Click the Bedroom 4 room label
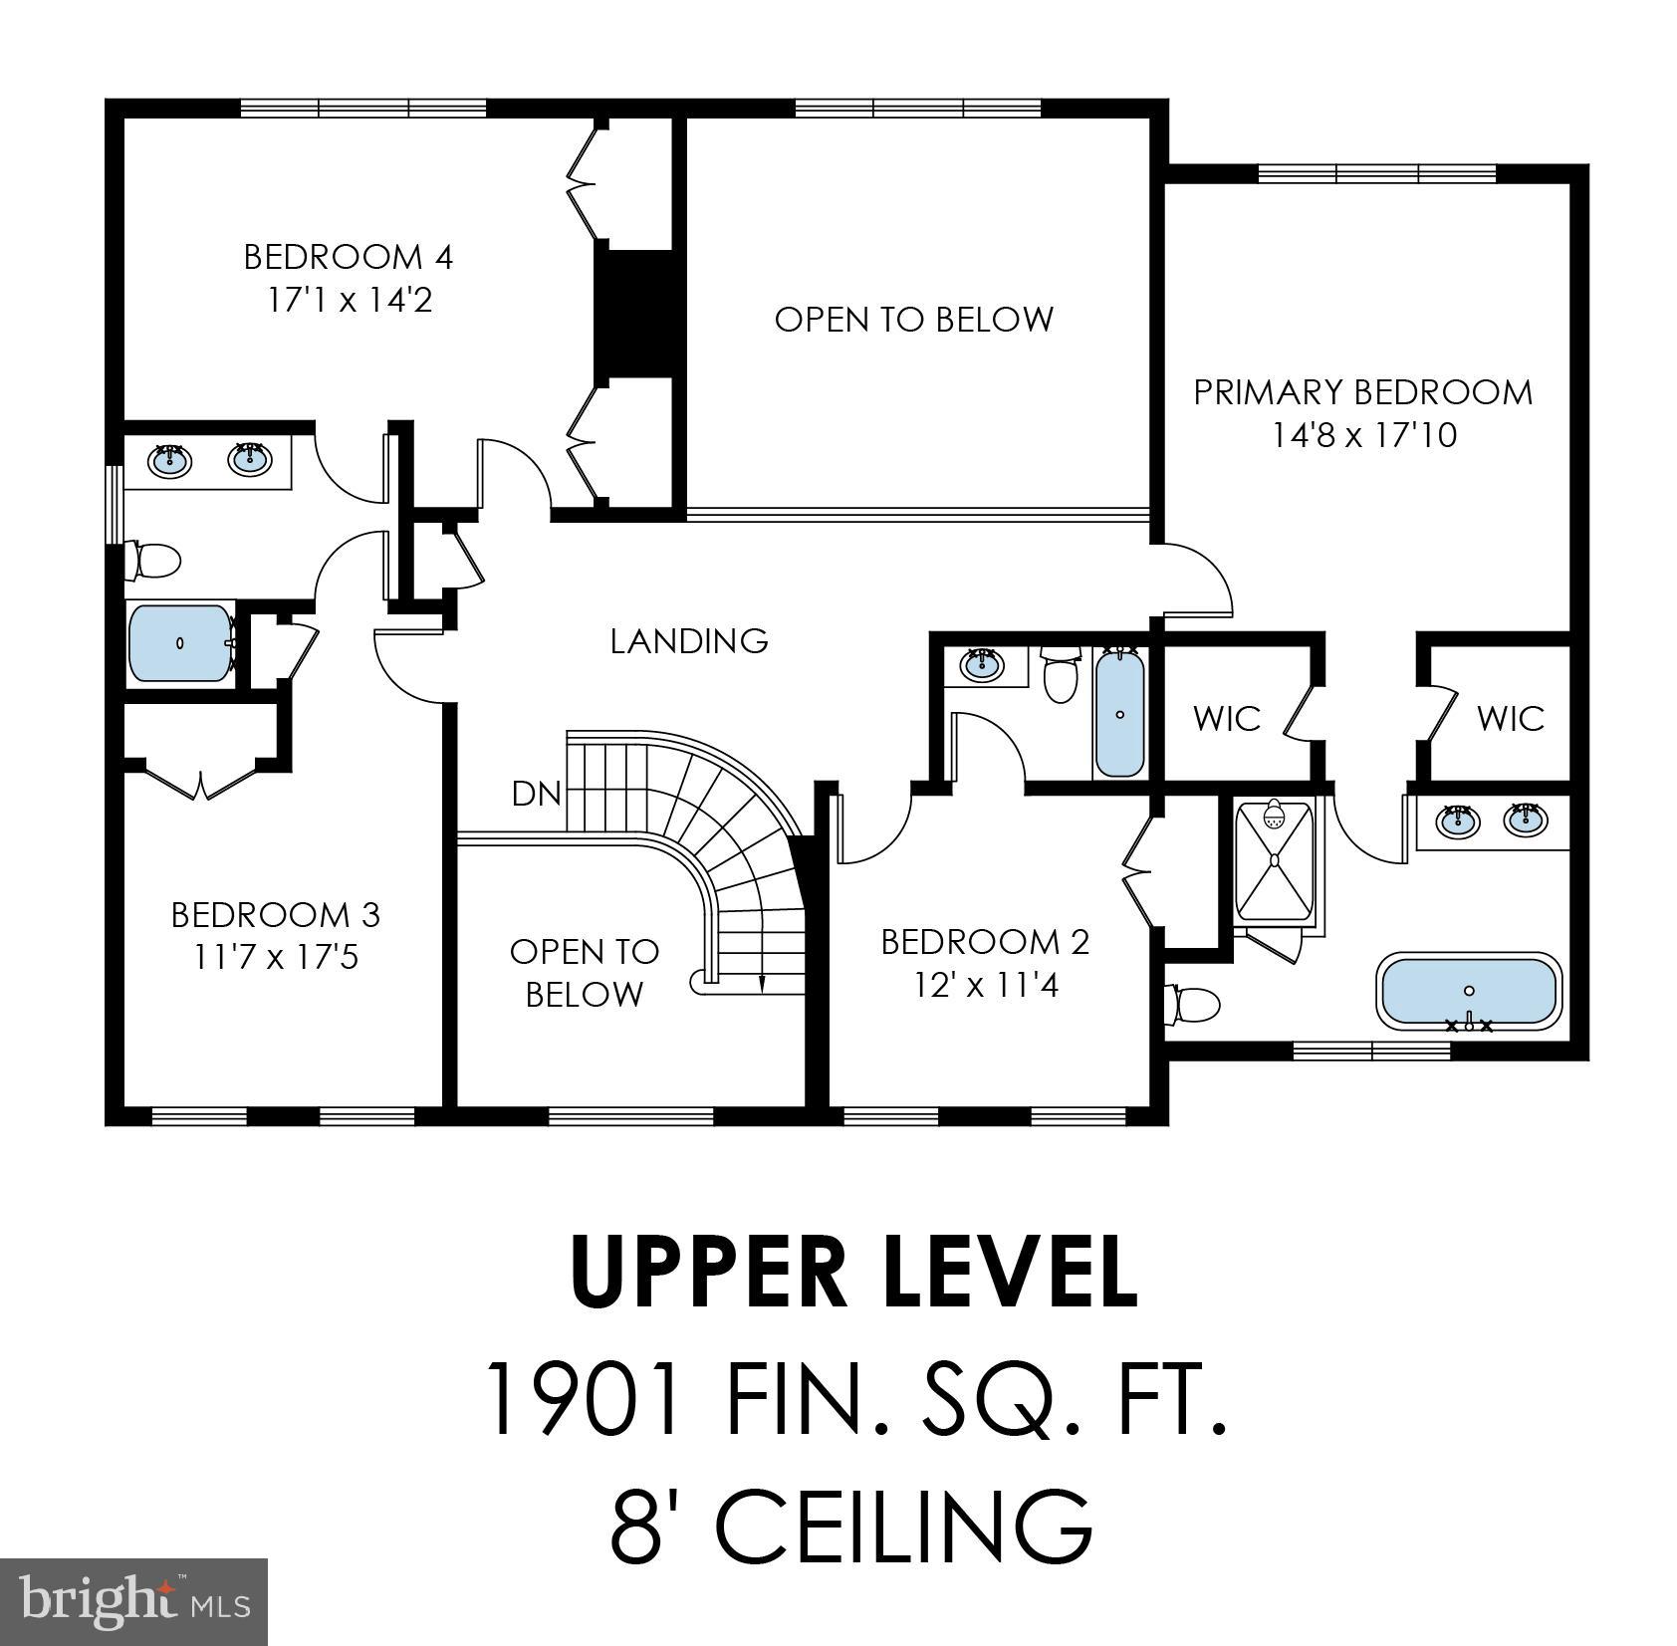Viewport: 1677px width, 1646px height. (x=348, y=257)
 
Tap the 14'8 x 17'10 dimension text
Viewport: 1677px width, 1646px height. (x=1363, y=435)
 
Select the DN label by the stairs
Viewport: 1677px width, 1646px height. (x=536, y=794)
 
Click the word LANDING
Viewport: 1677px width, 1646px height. (x=689, y=640)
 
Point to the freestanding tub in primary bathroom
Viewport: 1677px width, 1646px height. (x=1469, y=992)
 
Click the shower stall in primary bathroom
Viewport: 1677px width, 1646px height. (x=1274, y=861)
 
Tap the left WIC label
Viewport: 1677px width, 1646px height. (x=1226, y=718)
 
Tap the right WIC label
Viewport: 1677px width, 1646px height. (x=1510, y=718)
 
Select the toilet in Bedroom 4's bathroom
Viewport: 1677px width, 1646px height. (x=153, y=561)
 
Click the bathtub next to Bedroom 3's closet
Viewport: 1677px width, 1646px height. (x=179, y=643)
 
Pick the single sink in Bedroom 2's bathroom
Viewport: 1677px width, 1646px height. (x=982, y=663)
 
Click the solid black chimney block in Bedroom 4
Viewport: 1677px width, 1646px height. (x=634, y=313)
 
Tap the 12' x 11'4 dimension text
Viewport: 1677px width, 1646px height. (x=986, y=985)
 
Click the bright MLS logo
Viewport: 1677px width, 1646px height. (x=133, y=1601)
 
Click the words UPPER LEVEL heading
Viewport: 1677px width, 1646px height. (x=853, y=1274)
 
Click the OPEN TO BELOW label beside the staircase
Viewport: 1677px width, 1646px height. (x=584, y=972)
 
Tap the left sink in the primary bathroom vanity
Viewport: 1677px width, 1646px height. (x=1457, y=821)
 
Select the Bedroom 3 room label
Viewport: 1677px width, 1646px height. (x=275, y=914)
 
